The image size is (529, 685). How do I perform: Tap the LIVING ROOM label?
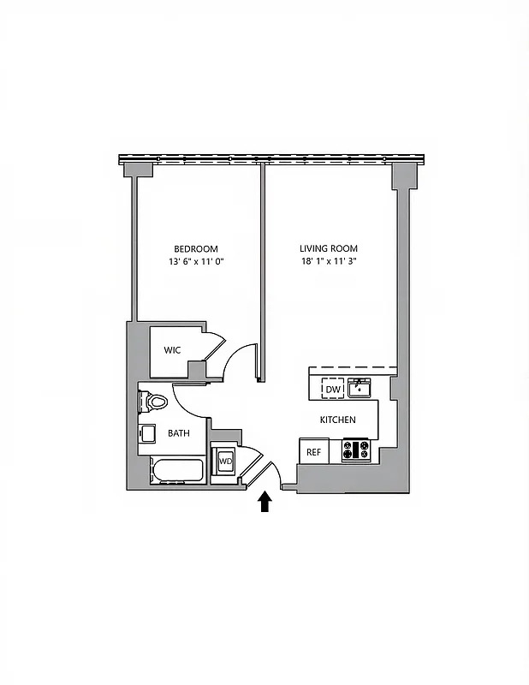coord(328,248)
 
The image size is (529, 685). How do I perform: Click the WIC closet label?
coord(172,350)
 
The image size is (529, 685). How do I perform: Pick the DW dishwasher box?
coord(332,389)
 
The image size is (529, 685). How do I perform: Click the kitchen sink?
coord(360,389)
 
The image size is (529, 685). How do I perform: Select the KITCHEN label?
coord(337,420)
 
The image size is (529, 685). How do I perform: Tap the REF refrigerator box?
coord(313,451)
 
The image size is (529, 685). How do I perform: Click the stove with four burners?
coord(355,450)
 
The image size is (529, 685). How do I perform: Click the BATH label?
coord(179,433)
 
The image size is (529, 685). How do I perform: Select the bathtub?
coord(177,471)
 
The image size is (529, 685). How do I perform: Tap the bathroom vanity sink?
coord(147,433)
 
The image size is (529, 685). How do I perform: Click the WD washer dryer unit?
coord(225,462)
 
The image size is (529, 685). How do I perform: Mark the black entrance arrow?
coord(264,501)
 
